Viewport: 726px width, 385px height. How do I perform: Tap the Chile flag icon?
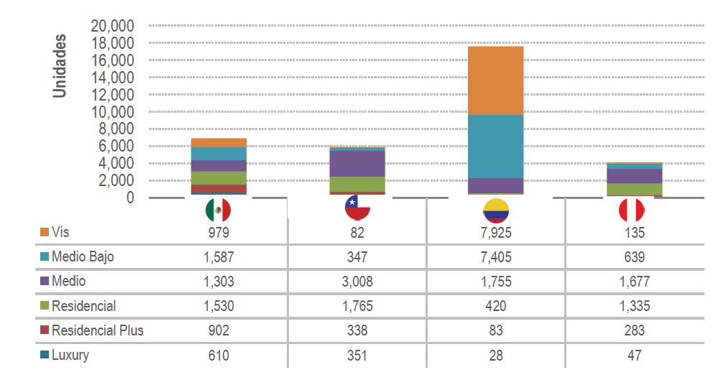[x=357, y=208]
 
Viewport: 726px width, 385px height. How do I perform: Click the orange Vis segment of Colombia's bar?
[x=496, y=80]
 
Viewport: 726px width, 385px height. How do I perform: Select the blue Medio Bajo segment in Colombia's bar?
[x=496, y=146]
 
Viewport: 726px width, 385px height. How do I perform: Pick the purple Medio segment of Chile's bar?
[x=357, y=164]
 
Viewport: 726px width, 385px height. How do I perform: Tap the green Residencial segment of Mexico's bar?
[x=219, y=178]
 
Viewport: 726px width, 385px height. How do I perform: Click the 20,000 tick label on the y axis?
[x=113, y=26]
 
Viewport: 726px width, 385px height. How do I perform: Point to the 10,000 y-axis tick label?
[x=113, y=112]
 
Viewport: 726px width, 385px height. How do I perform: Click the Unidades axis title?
[x=60, y=66]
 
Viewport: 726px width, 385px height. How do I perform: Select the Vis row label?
[x=60, y=233]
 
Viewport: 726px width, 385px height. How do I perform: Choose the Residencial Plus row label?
[x=98, y=330]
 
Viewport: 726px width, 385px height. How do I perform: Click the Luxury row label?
[x=70, y=355]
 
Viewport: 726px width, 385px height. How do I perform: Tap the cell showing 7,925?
[x=496, y=233]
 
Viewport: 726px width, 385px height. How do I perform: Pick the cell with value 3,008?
[x=357, y=282]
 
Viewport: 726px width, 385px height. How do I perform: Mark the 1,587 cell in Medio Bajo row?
[x=219, y=257]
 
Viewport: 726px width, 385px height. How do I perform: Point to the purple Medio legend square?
[x=45, y=282]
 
